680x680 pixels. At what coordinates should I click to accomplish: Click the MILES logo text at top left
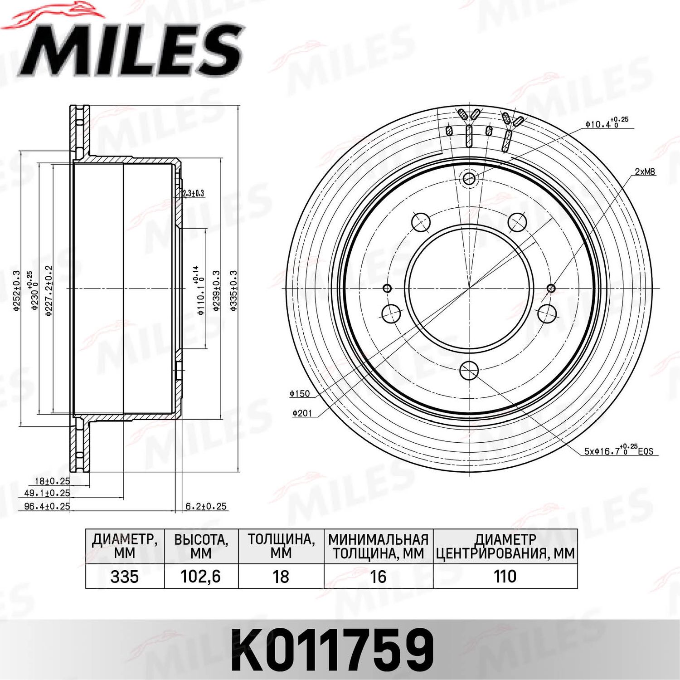click(x=131, y=50)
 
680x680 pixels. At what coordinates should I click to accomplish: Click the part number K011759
click(x=332, y=650)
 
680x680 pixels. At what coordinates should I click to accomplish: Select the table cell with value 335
click(x=124, y=577)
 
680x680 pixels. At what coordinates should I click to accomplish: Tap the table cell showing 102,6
click(x=200, y=577)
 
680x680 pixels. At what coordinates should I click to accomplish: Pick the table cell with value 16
click(x=378, y=577)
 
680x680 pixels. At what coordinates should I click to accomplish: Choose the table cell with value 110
click(x=505, y=577)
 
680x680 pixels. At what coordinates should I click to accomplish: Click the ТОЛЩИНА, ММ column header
click(x=281, y=546)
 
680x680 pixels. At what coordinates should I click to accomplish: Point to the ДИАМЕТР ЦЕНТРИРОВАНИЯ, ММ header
click(x=505, y=546)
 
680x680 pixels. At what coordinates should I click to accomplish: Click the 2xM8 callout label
click(x=645, y=172)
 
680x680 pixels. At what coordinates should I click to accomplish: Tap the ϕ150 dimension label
click(x=300, y=394)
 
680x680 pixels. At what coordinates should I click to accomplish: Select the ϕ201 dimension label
click(x=302, y=413)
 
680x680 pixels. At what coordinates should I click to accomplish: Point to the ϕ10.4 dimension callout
click(x=607, y=123)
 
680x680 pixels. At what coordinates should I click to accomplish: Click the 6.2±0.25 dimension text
click(x=206, y=506)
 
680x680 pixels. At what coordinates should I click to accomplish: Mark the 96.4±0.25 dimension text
click(x=47, y=506)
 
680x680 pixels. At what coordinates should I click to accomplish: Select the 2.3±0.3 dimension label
click(x=193, y=193)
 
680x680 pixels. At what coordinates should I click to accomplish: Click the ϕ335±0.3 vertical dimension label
click(x=233, y=290)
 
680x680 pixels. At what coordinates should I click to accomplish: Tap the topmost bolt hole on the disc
click(x=469, y=178)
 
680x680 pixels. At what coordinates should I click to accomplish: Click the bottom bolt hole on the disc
click(x=469, y=371)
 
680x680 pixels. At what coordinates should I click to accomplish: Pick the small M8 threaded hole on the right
click(x=551, y=288)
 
